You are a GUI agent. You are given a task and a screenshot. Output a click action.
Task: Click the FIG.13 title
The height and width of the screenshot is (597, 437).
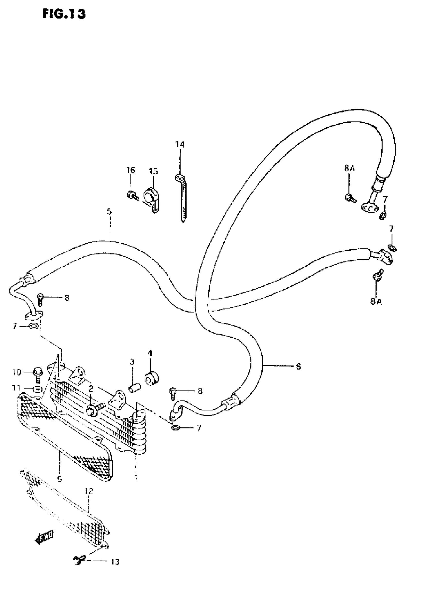coord(64,14)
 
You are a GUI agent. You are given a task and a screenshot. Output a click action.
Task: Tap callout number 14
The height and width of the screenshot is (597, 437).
coord(180,145)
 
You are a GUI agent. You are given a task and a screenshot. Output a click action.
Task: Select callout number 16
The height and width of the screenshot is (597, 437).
coord(130,170)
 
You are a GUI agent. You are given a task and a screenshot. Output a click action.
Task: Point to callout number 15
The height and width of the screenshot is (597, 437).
coord(153,172)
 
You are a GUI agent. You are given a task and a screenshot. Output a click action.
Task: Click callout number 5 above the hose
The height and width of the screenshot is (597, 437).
coord(109,212)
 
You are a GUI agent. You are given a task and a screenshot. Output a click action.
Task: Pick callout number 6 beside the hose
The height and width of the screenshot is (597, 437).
coord(298,366)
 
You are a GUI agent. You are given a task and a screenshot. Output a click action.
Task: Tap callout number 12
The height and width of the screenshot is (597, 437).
coord(89,491)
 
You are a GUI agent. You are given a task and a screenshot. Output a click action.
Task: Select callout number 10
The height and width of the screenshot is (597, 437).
coord(16,373)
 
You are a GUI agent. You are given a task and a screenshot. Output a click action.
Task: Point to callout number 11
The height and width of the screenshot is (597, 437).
coord(16,388)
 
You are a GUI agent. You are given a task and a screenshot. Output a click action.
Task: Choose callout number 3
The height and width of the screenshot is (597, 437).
coord(132,362)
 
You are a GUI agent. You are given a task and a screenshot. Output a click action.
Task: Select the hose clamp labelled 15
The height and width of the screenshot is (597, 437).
coord(151,198)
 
